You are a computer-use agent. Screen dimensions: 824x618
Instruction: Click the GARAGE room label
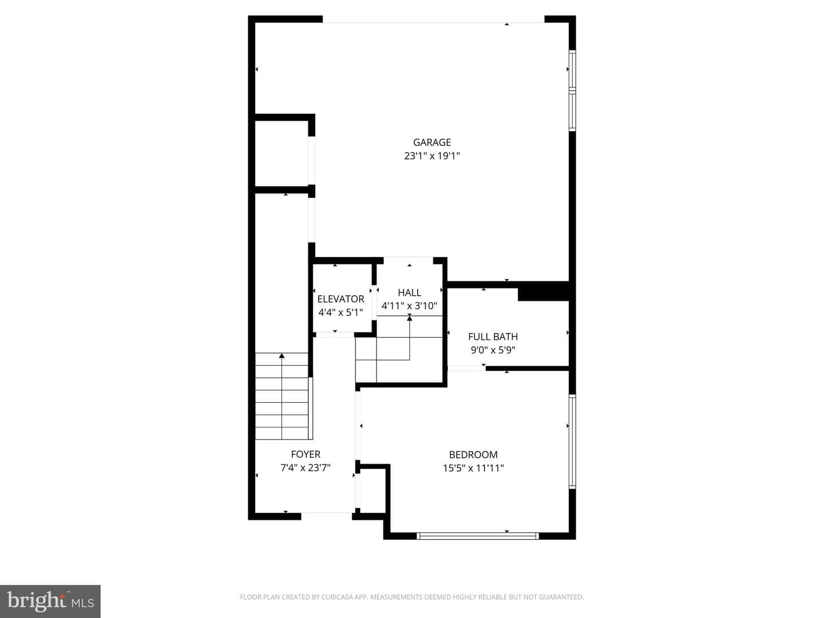click(431, 142)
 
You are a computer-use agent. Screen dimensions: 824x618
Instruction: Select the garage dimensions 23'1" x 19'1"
click(431, 156)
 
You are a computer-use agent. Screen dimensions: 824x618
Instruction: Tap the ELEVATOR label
click(340, 299)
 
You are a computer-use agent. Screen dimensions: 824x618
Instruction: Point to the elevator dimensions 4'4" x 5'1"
click(340, 312)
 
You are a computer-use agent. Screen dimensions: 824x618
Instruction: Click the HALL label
click(409, 292)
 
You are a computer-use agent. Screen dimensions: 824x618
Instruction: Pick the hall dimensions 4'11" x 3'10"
click(409, 306)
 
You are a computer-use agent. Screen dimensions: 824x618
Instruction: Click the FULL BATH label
click(493, 336)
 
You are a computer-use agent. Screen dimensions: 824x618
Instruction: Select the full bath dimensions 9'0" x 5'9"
click(493, 350)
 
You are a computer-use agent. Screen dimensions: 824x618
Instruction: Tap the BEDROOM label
click(473, 455)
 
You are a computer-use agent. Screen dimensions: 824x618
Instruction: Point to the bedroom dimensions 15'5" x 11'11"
click(473, 468)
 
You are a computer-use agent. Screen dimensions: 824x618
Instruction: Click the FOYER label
click(306, 454)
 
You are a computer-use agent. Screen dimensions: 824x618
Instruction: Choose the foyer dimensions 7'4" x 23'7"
click(306, 468)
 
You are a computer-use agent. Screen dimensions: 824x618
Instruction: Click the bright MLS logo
click(50, 601)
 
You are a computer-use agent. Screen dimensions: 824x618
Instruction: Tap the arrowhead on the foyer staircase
click(282, 355)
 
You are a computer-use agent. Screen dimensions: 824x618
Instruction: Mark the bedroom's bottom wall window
click(477, 536)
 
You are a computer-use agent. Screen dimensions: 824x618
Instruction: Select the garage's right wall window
click(572, 90)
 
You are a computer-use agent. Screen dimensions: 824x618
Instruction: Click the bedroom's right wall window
click(572, 441)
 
